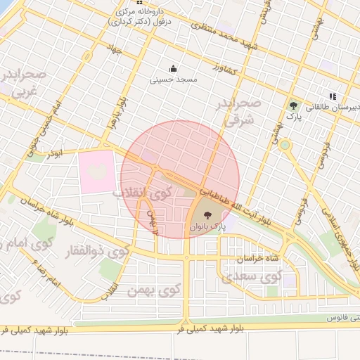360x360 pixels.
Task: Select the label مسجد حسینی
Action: pos(169,80)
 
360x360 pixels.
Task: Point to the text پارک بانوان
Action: pos(207,228)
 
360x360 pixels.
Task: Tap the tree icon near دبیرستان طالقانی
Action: pos(293,106)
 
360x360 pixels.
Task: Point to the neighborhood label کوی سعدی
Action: pos(250,277)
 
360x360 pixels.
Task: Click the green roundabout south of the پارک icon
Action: pos(285,146)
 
